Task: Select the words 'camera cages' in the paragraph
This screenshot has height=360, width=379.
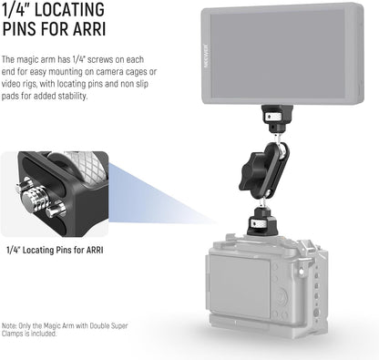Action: point(136,71)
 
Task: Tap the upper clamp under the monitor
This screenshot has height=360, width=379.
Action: point(275,116)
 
